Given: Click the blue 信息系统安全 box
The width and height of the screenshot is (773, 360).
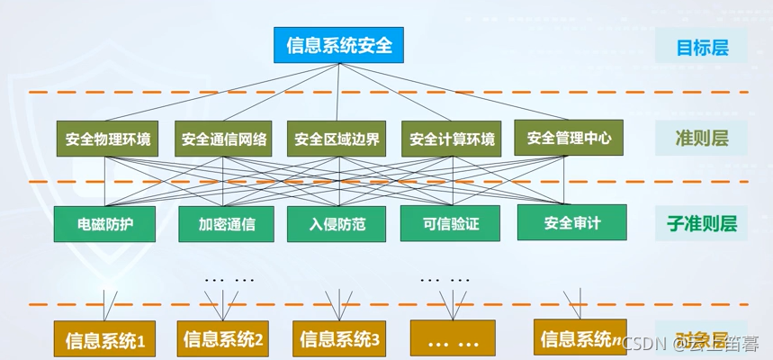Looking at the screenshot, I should click(x=339, y=45).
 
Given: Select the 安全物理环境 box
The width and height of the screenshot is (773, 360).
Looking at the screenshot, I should click(x=108, y=139).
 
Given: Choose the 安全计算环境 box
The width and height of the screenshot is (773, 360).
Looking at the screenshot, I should click(x=452, y=139).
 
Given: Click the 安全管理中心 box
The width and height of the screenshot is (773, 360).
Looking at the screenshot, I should click(x=569, y=138).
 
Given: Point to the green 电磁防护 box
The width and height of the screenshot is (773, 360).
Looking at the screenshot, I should click(x=105, y=224).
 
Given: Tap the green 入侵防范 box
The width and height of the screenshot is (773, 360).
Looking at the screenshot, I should click(x=337, y=224).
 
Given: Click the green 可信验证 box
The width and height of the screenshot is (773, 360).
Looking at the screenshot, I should click(x=449, y=223).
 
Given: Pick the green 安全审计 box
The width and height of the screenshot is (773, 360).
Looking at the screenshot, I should click(x=571, y=222).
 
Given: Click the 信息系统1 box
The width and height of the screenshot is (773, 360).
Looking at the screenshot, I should click(x=105, y=340).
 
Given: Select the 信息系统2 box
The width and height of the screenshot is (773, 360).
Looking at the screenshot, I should click(x=223, y=339).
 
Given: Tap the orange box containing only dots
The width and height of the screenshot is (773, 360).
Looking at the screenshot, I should click(x=452, y=340).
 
